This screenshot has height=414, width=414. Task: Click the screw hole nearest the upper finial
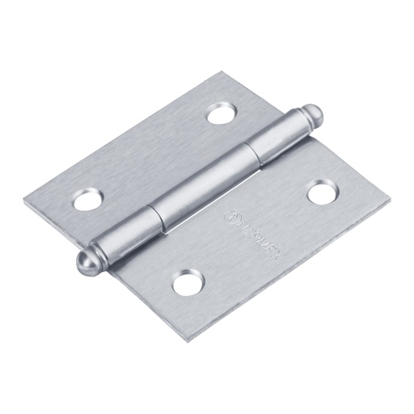coord(220,114)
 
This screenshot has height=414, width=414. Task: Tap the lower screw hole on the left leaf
coord(87,199)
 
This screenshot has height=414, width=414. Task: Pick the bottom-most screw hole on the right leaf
coord(187,282)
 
